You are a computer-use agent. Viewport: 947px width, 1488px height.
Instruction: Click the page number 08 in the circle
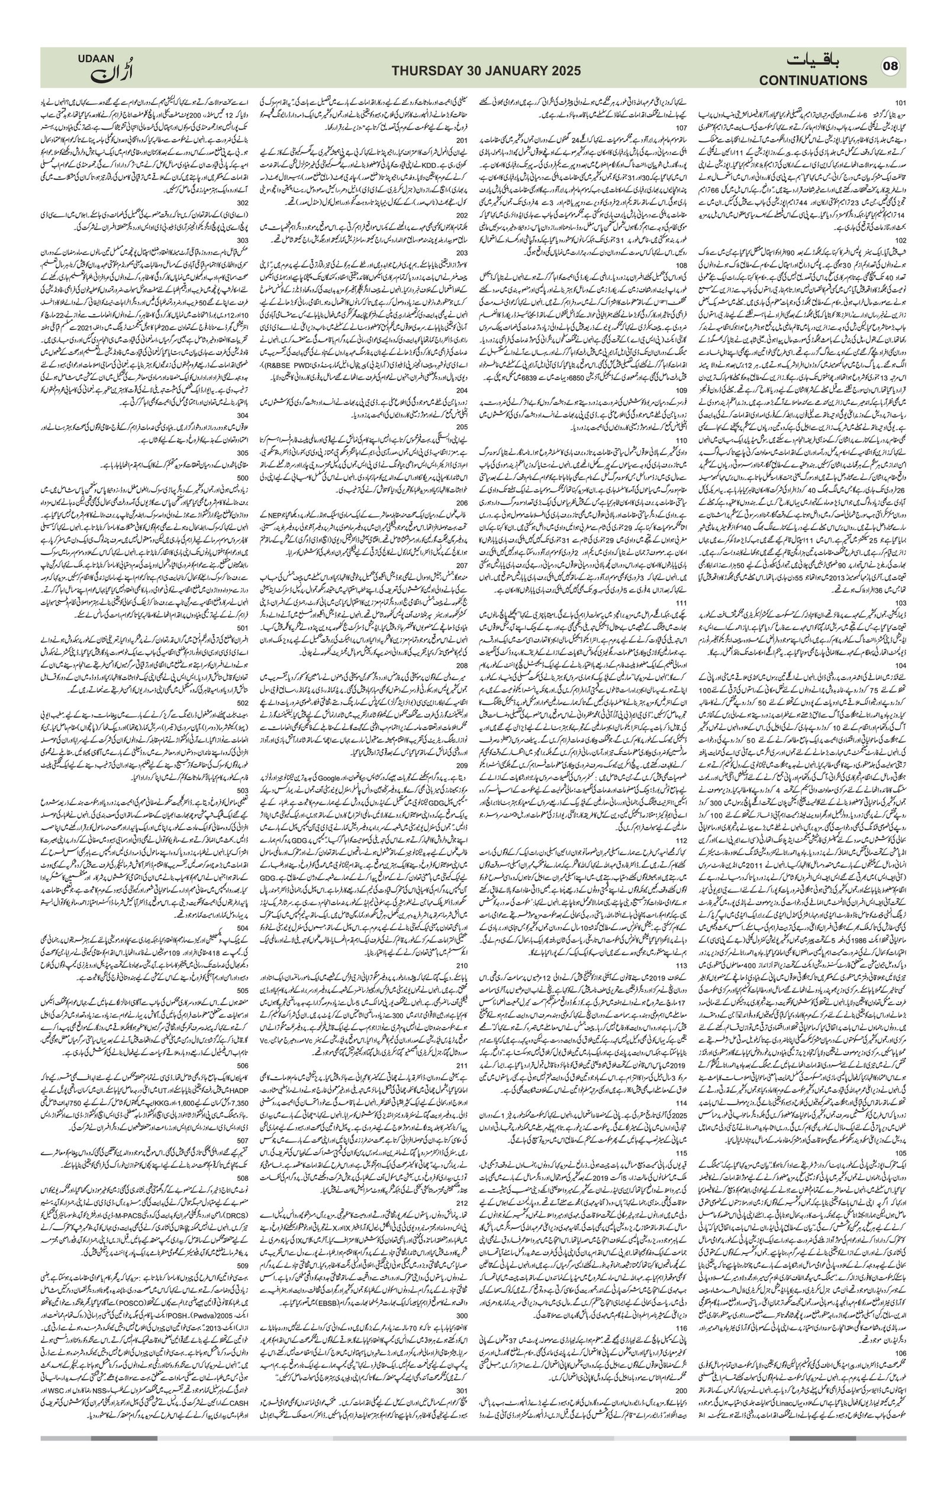click(891, 67)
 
